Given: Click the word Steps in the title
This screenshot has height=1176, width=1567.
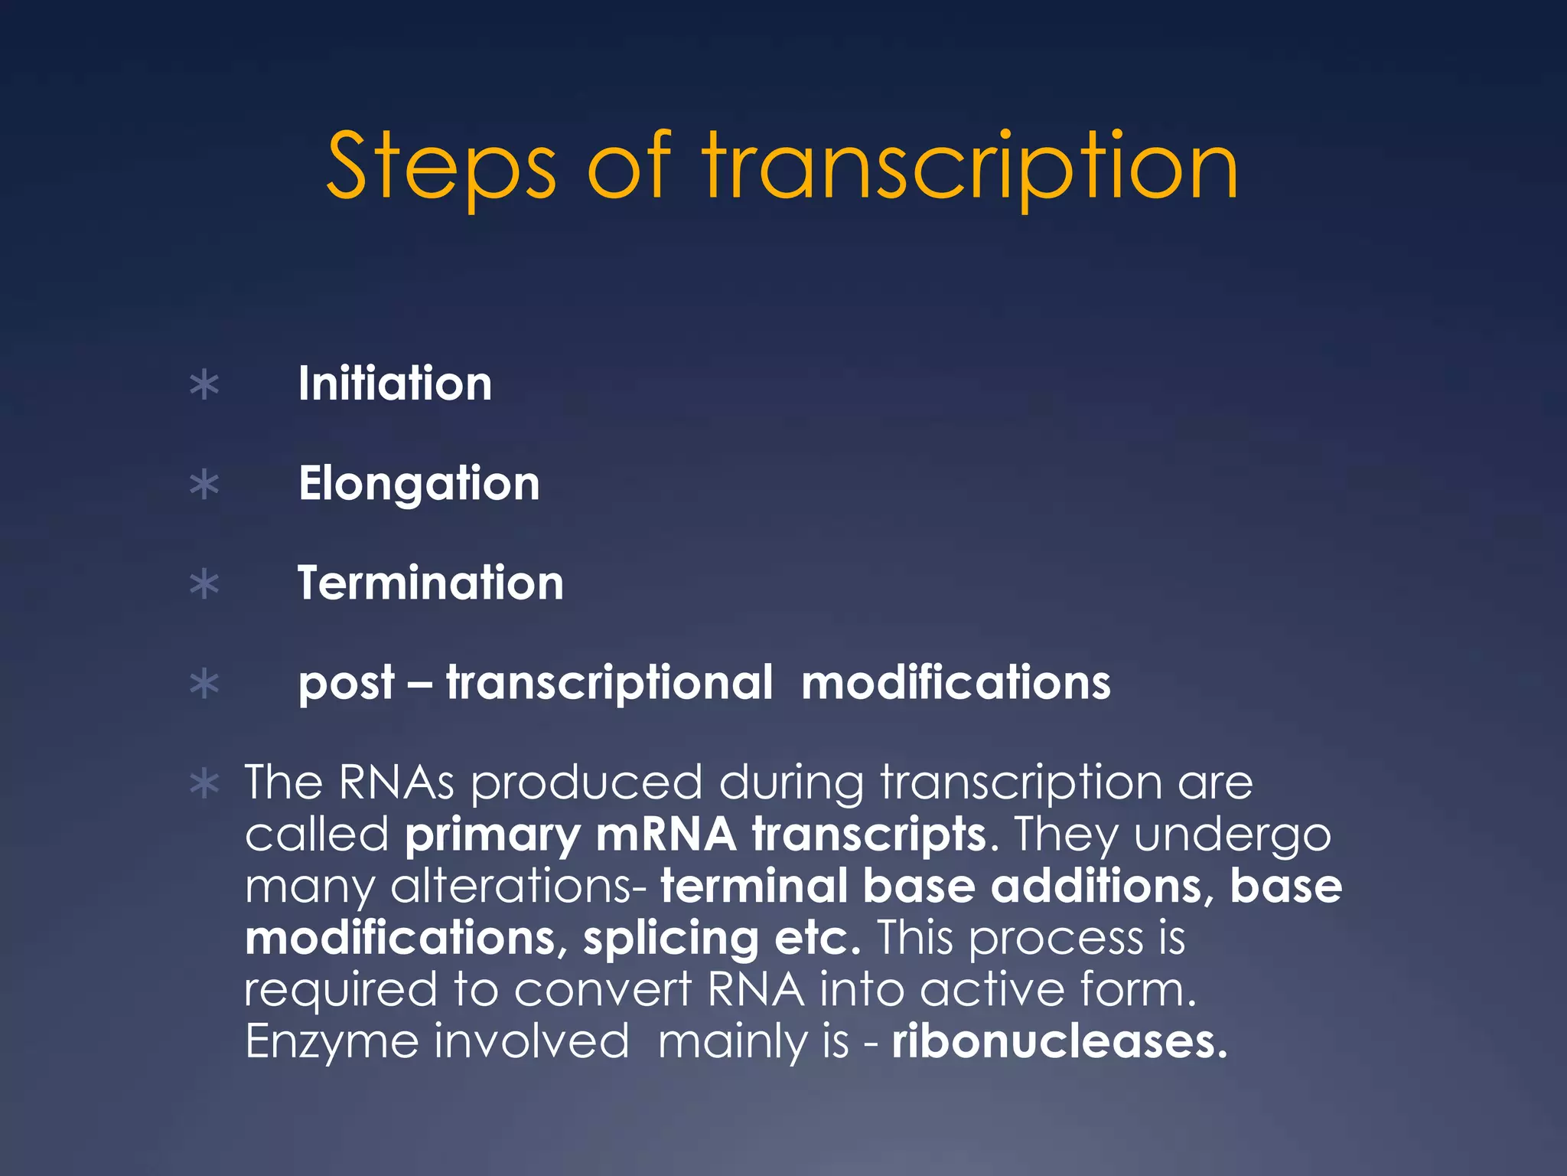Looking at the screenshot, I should [x=441, y=167].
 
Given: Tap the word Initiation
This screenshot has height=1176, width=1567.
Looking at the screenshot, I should [x=395, y=384].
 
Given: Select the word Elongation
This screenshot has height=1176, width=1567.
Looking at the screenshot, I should [x=419, y=484].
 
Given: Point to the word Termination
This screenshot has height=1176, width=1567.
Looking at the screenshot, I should [x=431, y=583].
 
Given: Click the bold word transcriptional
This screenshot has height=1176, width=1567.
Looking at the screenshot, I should [x=609, y=682].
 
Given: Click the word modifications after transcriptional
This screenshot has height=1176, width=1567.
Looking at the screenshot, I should [x=956, y=682].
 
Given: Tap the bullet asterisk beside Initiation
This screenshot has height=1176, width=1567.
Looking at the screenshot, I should [x=204, y=385].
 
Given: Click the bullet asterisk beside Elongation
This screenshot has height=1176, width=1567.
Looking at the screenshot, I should [x=204, y=485].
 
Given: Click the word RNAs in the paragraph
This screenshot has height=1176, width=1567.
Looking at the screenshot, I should [x=396, y=782].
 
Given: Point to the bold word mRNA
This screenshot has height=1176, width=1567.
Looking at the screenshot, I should [x=666, y=835].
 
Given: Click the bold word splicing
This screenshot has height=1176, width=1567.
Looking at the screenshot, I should [x=670, y=939].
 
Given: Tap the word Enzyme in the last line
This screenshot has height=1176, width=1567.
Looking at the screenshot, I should [x=331, y=1041].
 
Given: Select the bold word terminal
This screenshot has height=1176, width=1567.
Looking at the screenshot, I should [x=754, y=886].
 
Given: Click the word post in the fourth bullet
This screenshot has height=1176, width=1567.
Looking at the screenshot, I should [x=347, y=684].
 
